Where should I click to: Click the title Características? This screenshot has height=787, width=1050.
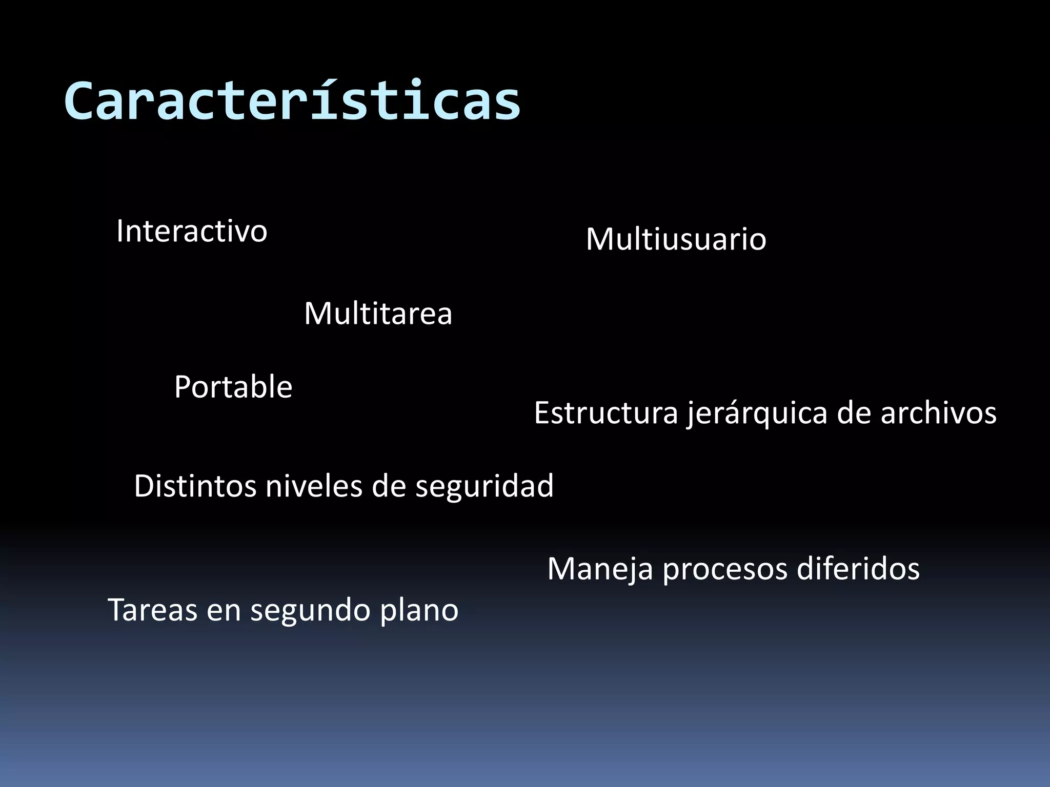[292, 101]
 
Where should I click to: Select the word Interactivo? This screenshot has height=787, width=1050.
[192, 231]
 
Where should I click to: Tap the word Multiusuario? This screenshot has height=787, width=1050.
[676, 239]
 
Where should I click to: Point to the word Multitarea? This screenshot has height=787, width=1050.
[378, 313]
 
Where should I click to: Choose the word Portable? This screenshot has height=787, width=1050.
[233, 387]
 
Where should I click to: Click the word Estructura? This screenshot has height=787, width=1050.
[606, 413]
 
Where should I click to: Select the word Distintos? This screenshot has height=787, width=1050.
[195, 486]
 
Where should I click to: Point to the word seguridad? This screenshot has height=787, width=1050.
[484, 487]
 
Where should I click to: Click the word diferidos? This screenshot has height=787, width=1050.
[858, 569]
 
